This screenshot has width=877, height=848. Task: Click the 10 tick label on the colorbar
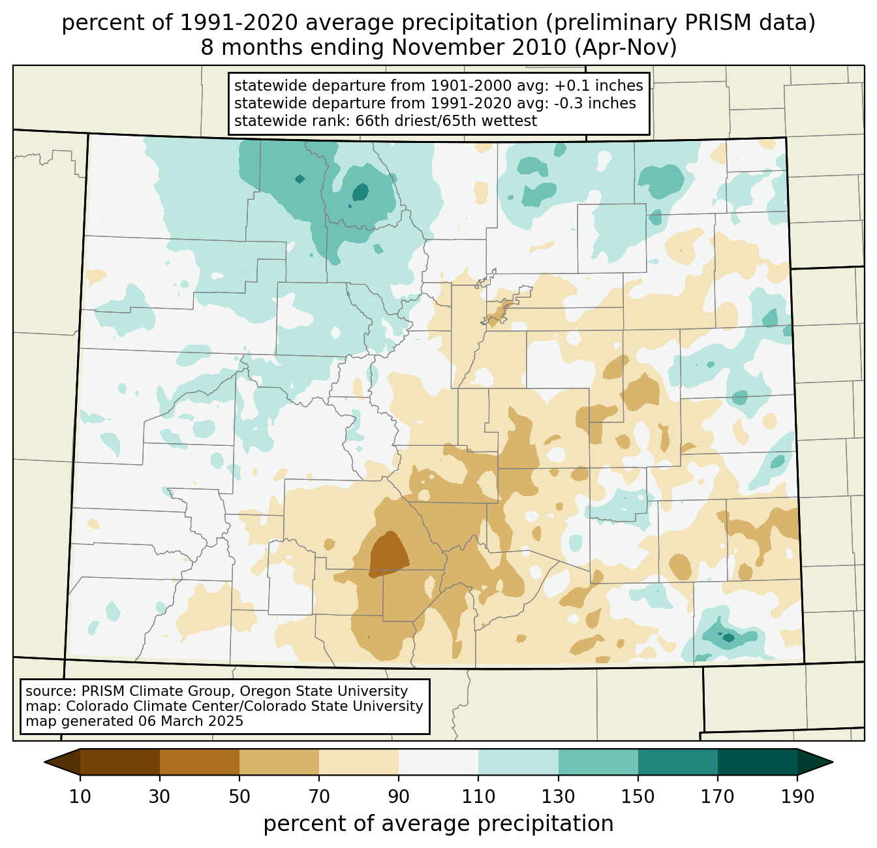[80, 797]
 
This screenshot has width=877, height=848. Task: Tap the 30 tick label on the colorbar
[159, 797]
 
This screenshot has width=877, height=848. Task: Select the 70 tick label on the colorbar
[319, 797]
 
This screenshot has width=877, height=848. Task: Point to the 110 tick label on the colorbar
[478, 797]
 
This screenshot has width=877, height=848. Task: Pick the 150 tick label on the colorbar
[638, 797]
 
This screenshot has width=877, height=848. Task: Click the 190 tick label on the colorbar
[797, 797]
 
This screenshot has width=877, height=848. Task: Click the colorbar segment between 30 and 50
[199, 762]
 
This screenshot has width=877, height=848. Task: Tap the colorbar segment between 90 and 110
[438, 762]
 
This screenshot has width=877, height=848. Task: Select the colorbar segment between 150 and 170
[678, 762]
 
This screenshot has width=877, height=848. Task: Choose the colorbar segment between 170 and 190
[757, 762]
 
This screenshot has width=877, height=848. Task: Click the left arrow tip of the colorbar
[44, 762]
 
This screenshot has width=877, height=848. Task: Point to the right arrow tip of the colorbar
[833, 762]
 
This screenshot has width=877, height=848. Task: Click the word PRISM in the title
[711, 24]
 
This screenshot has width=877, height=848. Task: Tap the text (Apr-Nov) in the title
[626, 48]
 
